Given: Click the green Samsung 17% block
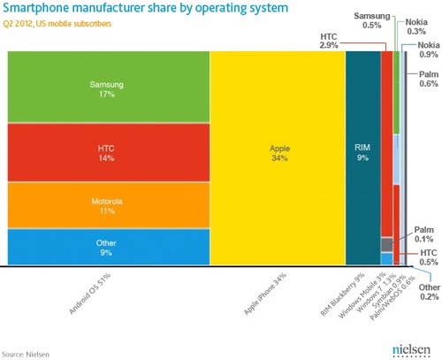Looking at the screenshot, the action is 109,87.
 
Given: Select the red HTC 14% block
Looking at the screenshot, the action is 109,152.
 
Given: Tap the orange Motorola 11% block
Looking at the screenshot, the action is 109,205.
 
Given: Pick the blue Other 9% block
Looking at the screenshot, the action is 109,247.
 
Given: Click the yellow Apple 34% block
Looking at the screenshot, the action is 278,158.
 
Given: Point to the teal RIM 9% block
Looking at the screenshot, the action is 363,158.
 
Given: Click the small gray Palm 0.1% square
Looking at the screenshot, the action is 387,245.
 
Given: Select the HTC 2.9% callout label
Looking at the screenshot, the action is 329,41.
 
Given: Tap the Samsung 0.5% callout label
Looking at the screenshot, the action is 372,20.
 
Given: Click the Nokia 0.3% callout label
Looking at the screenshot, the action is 416,27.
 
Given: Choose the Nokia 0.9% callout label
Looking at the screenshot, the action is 429,50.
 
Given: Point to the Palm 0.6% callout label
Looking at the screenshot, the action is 429,79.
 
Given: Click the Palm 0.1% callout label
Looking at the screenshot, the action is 423,234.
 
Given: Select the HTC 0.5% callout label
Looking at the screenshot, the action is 429,257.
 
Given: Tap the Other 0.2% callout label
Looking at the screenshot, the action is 430,292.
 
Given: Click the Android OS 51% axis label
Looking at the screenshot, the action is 90,294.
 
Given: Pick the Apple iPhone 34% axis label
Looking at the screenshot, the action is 265,294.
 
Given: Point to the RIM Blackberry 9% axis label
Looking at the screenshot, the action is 343,295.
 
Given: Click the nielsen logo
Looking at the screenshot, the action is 411,351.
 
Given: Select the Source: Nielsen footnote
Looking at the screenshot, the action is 26,354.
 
